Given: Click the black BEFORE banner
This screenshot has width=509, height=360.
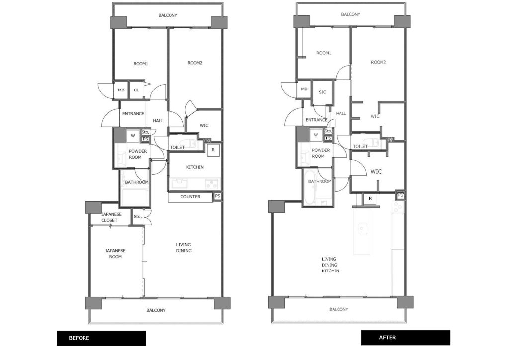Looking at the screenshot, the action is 101,338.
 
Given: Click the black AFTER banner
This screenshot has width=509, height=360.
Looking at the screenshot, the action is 406,338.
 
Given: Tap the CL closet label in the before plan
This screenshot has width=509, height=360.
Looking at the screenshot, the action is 136,90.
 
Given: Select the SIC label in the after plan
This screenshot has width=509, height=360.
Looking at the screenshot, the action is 322,92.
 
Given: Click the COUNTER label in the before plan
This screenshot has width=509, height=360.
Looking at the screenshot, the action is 190,197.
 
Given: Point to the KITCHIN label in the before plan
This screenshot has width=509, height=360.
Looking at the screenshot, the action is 195,167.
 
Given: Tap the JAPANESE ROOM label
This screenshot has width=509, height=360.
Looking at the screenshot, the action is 115,254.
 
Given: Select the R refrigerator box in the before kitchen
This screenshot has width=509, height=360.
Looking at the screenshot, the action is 213,150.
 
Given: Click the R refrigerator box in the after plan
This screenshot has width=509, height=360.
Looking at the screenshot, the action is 370,199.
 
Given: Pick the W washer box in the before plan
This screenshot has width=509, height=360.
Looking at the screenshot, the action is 132,136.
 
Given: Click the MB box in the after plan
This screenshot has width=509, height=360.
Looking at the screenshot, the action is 304,90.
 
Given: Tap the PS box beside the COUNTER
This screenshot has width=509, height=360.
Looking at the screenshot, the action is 218,196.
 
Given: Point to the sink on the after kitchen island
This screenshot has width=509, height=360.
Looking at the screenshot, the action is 362,228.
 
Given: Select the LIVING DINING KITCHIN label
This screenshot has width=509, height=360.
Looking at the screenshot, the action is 330,265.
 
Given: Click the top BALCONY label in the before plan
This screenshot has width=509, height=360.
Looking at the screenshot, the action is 168,15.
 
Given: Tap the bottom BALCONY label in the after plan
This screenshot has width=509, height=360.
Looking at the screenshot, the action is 339,309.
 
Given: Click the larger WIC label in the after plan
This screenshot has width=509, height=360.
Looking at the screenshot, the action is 376,172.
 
